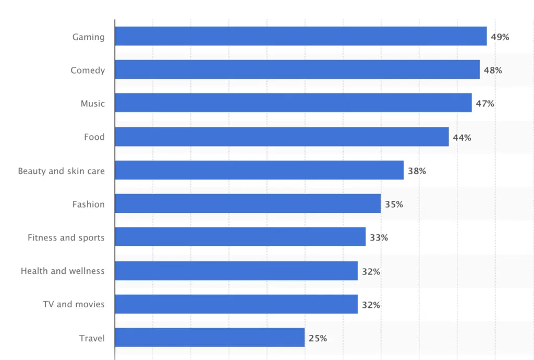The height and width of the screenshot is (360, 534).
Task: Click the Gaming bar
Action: pyautogui.click(x=300, y=37)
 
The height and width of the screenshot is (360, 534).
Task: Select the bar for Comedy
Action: pyautogui.click(x=297, y=70)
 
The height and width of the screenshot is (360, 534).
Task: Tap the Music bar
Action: pyautogui.click(x=293, y=103)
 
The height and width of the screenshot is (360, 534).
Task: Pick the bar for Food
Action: pyautogui.click(x=282, y=137)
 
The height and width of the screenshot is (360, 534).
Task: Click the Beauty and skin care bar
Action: pyautogui.click(x=259, y=170)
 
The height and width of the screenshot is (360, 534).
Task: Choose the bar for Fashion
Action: pyautogui.click(x=248, y=203)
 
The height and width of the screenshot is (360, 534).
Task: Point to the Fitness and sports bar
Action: pyautogui.click(x=240, y=237)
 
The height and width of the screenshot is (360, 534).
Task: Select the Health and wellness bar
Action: pyautogui.click(x=236, y=271)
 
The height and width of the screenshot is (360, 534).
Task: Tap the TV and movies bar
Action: pyautogui.click(x=236, y=304)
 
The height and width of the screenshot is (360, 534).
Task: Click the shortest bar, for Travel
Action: pyautogui.click(x=210, y=338)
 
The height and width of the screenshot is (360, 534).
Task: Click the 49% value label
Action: pyautogui.click(x=500, y=37)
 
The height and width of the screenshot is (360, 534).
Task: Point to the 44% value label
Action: pyautogui.click(x=462, y=137)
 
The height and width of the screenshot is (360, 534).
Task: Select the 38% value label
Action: pyautogui.click(x=417, y=171)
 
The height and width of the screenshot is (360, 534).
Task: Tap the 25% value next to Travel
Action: pyautogui.click(x=318, y=338)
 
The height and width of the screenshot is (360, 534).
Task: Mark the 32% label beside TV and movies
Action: pyautogui.click(x=371, y=305)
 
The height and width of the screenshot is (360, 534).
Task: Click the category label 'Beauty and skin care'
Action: pyautogui.click(x=61, y=171)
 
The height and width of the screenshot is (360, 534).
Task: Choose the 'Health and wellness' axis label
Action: pyautogui.click(x=63, y=271)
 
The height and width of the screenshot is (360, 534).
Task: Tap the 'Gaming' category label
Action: pyautogui.click(x=88, y=37)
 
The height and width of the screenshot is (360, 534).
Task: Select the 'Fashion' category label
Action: pyautogui.click(x=88, y=204)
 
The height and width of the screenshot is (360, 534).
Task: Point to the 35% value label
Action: pyautogui.click(x=394, y=204)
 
